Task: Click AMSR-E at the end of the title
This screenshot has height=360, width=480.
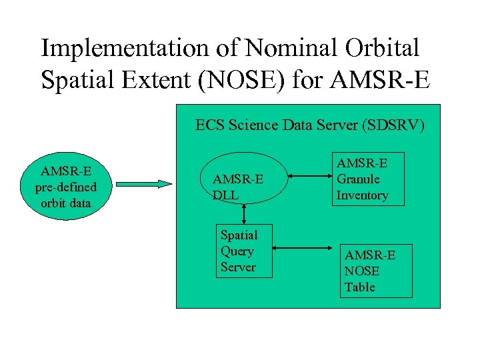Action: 388,81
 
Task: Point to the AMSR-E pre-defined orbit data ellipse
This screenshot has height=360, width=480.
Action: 66,187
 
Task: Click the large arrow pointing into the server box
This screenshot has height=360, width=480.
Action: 144,183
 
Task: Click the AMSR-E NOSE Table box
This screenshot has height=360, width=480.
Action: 376,271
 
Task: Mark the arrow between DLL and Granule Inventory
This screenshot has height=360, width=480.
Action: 311,177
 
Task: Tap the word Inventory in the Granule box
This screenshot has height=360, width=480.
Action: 362,195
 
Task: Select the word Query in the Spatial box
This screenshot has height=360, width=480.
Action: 237,251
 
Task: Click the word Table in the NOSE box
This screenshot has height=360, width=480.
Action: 360,287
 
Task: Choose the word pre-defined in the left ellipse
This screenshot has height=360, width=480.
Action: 66,187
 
